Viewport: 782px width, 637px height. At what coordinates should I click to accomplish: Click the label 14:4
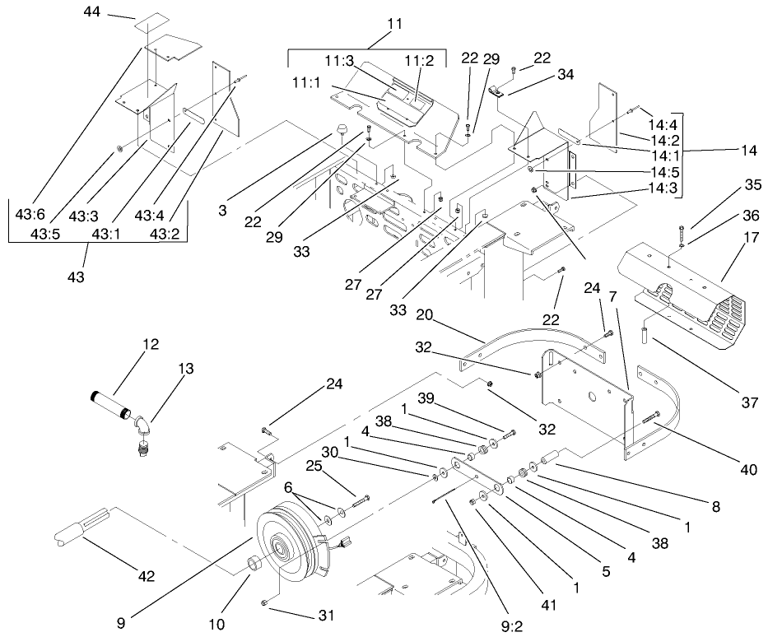point(662,124)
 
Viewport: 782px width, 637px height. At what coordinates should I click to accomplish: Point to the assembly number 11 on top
point(394,23)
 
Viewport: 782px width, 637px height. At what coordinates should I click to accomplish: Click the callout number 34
point(565,75)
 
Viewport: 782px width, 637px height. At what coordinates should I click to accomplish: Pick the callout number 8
point(715,508)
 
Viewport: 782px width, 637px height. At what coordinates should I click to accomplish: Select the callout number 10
point(216,625)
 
